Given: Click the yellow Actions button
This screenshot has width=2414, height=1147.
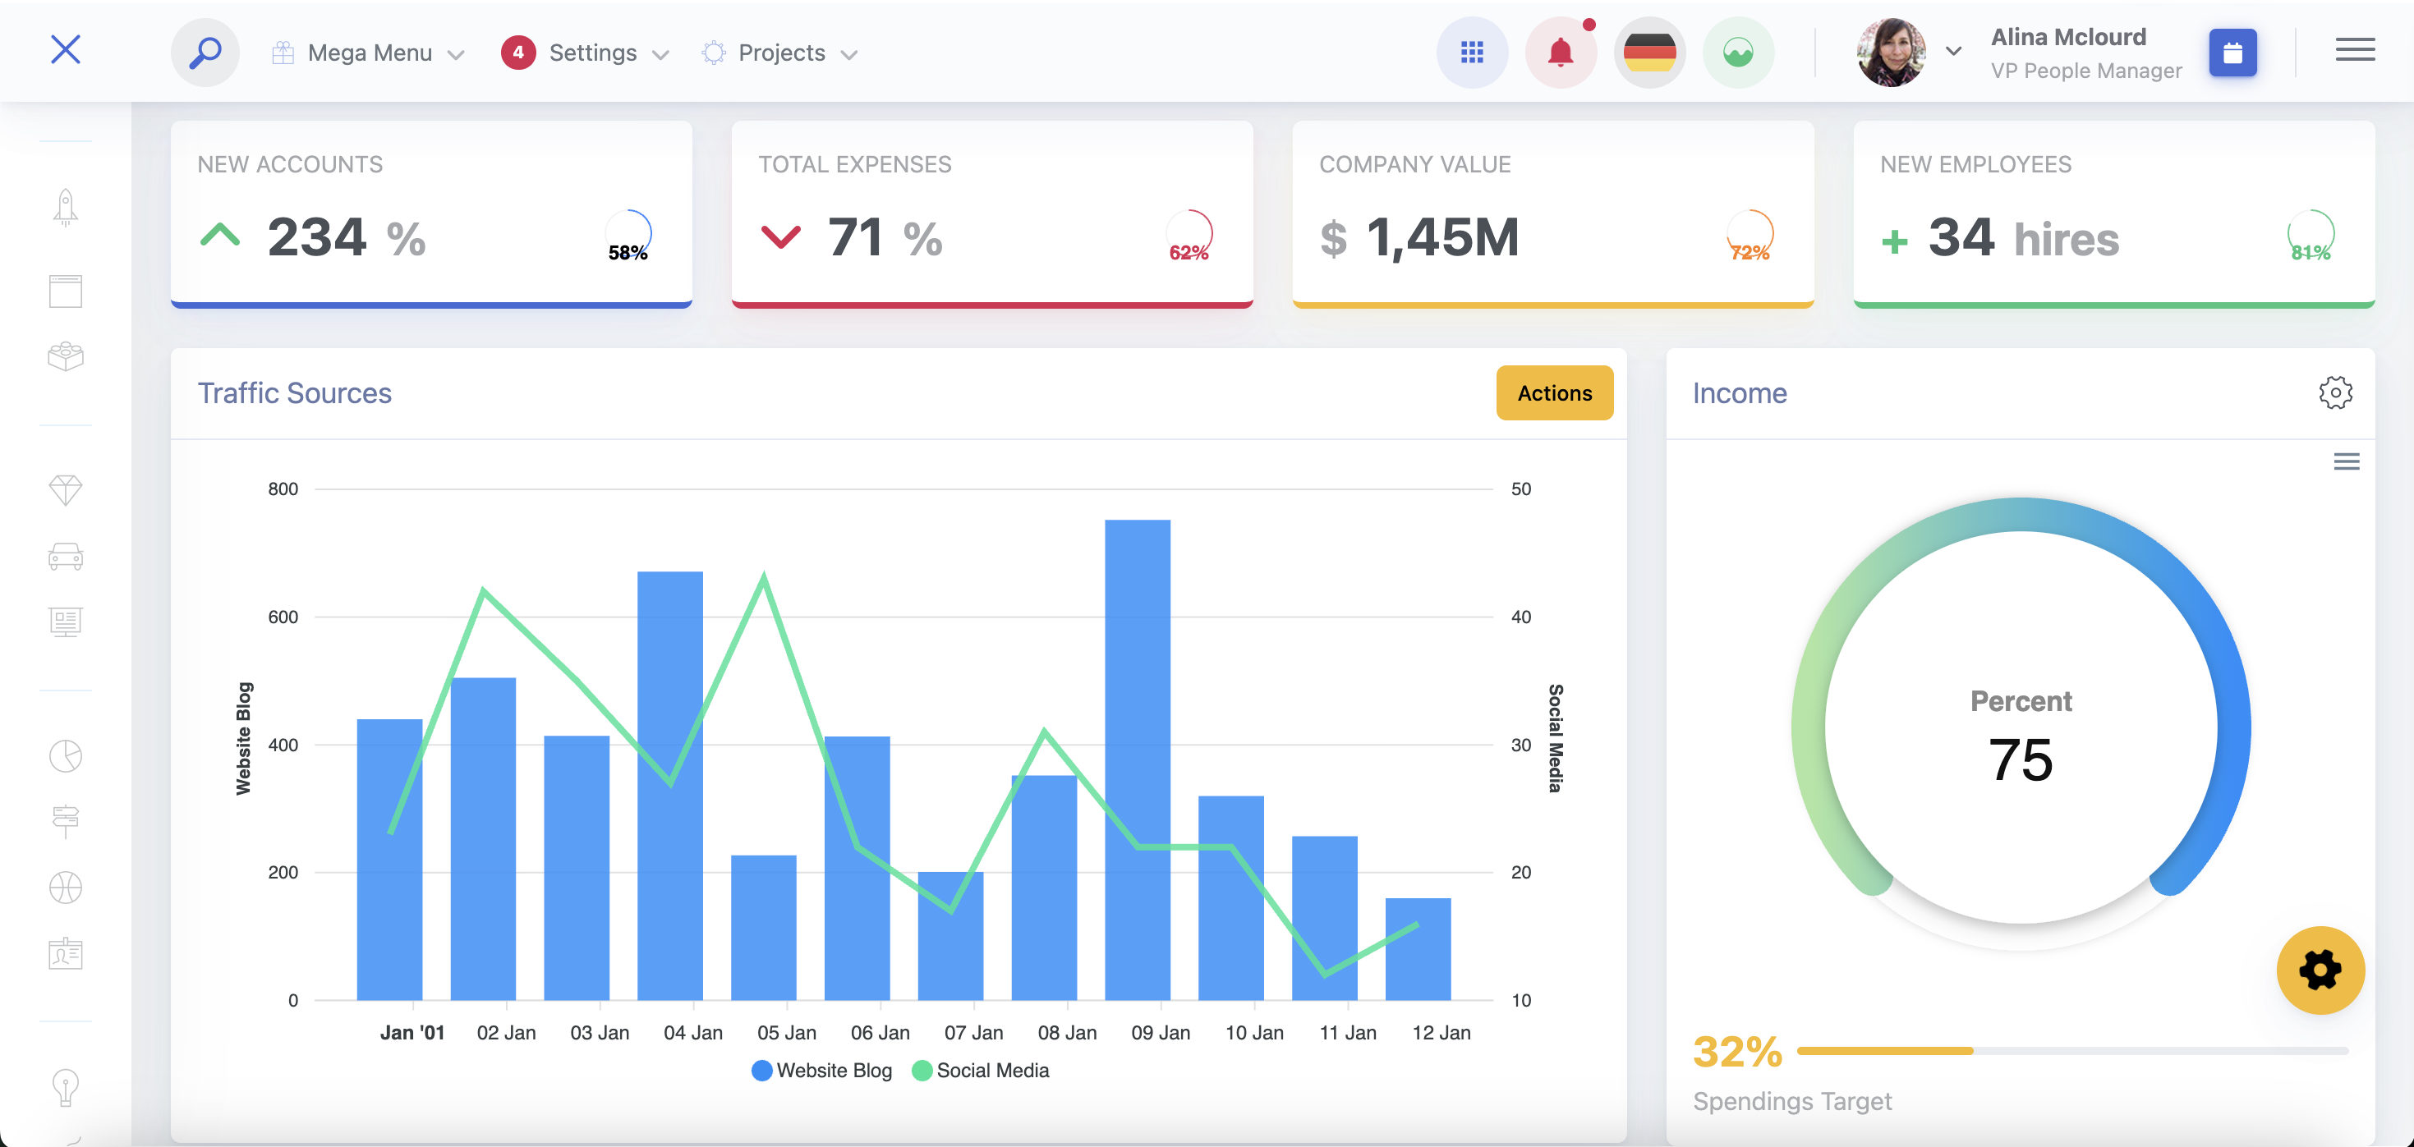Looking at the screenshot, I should (1554, 392).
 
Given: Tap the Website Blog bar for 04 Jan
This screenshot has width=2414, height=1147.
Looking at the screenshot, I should (669, 787).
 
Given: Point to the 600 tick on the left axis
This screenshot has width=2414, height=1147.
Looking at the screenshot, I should (283, 617).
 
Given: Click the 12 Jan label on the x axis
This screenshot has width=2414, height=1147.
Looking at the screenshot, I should (1441, 1032).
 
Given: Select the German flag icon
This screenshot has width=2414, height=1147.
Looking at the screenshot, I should (1648, 53).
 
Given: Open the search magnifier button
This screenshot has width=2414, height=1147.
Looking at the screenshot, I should (205, 53).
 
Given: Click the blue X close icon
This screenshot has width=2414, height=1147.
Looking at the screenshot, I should (66, 49).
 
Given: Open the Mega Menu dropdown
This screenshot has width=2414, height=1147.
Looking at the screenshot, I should (370, 53).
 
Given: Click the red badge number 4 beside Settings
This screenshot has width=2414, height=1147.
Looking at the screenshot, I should (517, 53).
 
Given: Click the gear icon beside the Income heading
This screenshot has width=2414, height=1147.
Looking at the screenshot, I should (2334, 392).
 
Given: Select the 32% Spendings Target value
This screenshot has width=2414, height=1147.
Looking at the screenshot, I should (1736, 1052).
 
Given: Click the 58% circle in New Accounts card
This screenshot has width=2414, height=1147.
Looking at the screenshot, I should (628, 237).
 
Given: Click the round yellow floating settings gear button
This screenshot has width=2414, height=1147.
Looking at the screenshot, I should (2320, 970).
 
